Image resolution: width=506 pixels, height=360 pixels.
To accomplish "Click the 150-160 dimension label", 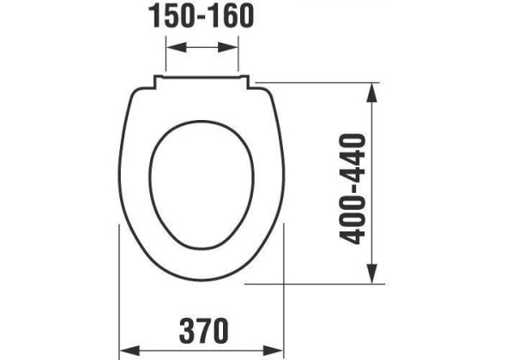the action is pos(201,16).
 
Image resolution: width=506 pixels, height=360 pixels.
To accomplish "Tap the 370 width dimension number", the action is pos(204,331).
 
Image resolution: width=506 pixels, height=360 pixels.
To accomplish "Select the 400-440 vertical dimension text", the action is pos(352,189).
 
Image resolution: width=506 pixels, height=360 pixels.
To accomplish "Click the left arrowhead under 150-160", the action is pos(177,47).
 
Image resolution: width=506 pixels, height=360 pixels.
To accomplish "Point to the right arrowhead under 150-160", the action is pos(228,47).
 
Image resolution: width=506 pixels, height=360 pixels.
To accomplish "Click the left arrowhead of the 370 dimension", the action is pos(130,351).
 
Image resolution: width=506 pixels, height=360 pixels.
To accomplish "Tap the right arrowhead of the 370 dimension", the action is pos(273,351).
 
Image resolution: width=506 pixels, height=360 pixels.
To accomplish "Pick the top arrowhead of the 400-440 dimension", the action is pos(372,93).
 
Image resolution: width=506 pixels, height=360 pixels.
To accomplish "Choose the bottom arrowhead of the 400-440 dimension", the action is pos(372,273).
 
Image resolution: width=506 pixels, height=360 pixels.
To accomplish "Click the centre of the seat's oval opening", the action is pos(202,185).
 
